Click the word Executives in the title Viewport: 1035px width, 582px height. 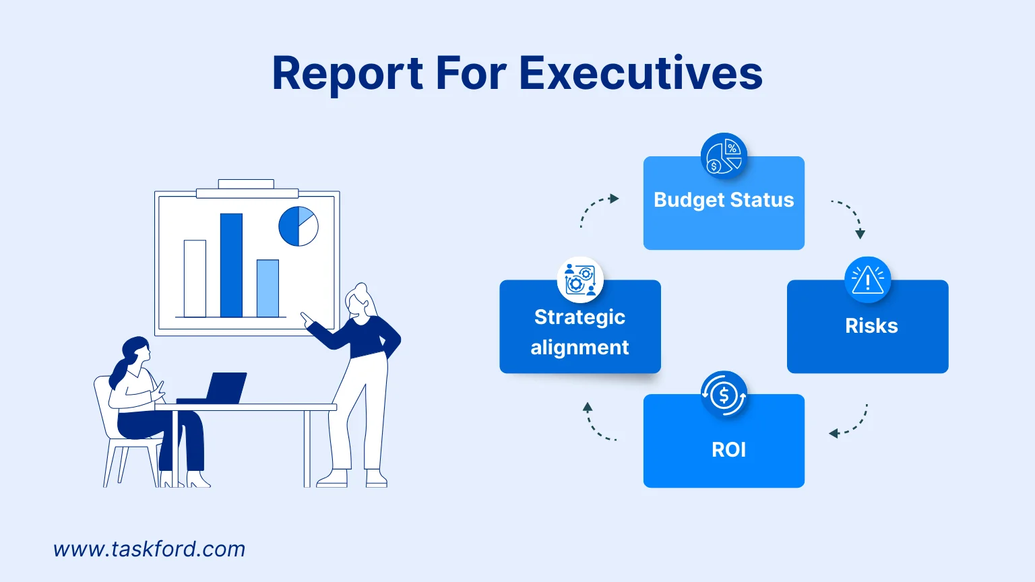pos(641,73)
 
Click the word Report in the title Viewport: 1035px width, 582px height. pos(347,73)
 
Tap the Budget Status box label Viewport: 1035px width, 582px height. pos(724,200)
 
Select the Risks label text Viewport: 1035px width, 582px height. pos(871,326)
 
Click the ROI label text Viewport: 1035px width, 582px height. pos(728,449)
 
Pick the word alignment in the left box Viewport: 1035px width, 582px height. pos(579,348)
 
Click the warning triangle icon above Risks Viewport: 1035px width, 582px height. pos(867,280)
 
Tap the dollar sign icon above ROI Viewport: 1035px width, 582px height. pos(724,395)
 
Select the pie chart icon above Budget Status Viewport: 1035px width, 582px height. pos(724,156)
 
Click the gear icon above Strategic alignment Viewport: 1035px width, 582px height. pos(579,280)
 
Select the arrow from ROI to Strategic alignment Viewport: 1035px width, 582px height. pos(598,423)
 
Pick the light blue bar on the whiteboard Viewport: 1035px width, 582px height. pos(268,288)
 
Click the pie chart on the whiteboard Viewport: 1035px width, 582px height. pos(299,226)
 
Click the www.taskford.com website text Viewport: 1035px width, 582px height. pos(149,549)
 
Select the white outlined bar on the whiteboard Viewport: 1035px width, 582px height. pos(195,278)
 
